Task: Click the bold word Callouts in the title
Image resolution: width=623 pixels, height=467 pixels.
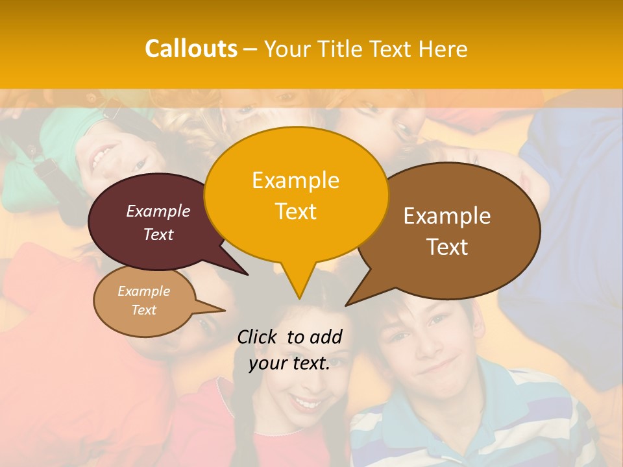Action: pos(191,49)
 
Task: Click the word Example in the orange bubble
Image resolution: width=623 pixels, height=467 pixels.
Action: pos(295,180)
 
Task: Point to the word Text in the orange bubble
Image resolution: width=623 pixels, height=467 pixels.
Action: pos(295,211)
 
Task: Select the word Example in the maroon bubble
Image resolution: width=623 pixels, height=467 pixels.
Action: pos(158,211)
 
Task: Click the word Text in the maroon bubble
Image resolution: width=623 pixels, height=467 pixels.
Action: pos(158,235)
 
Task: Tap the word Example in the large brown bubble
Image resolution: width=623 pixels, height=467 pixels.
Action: pos(447,216)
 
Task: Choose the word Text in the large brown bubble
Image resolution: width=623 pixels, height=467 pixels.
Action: pos(447,247)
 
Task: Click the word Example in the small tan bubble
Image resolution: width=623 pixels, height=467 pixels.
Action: pos(143,291)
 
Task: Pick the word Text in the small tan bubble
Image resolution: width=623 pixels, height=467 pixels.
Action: pos(143,310)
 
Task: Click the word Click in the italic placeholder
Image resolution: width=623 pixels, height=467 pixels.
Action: pos(259,337)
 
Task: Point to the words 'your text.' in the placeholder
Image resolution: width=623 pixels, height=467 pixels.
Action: pos(289,364)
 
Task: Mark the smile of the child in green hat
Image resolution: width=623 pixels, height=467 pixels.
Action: pos(103,156)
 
